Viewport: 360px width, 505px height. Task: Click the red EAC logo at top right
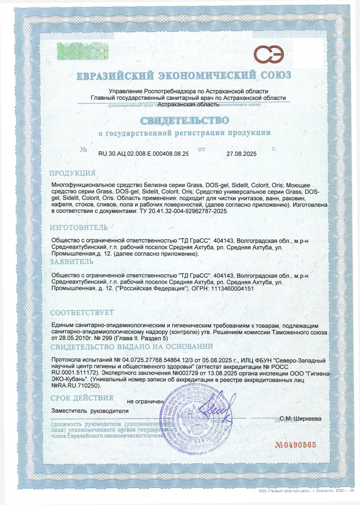click(x=269, y=54)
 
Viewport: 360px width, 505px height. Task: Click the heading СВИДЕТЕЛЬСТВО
click(x=185, y=121)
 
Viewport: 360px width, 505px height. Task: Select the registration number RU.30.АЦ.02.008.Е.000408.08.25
click(x=143, y=153)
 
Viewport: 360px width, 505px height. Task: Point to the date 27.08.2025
click(x=241, y=154)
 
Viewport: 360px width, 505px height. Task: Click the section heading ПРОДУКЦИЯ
click(x=72, y=173)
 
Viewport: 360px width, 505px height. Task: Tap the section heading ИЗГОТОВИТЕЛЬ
click(x=78, y=228)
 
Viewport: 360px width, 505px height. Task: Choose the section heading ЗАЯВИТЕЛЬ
click(x=71, y=262)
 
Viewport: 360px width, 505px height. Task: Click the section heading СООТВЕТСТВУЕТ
click(x=82, y=312)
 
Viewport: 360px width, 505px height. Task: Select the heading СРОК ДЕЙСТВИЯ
click(x=82, y=398)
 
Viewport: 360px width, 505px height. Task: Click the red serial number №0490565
click(x=296, y=445)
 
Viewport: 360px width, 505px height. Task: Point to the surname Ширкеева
click(x=307, y=419)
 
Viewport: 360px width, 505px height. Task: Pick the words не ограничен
click(x=145, y=402)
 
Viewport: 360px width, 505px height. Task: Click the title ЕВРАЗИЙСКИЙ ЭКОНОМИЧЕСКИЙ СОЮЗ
click(x=184, y=75)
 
